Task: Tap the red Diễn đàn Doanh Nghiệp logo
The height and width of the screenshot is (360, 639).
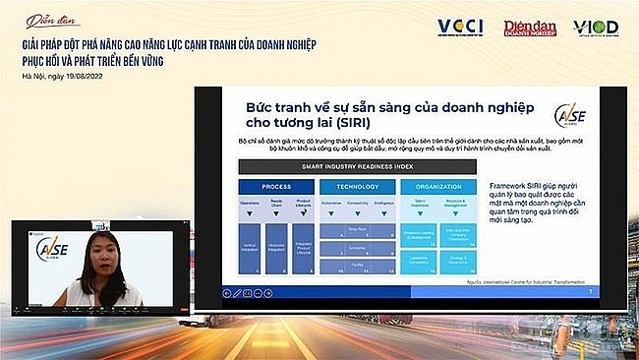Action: pyautogui.click(x=531, y=28)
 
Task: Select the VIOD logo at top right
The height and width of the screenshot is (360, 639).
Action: pyautogui.click(x=596, y=28)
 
